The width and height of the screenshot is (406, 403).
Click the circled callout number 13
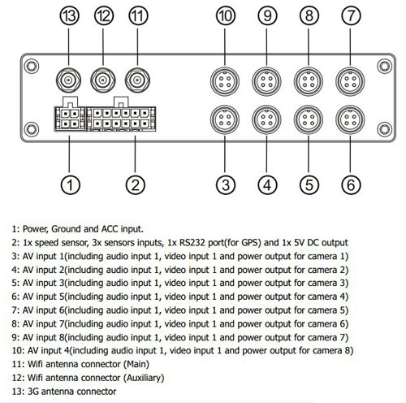pos(69,15)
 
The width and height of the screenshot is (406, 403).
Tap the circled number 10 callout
pos(226,15)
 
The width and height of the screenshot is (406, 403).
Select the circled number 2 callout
pos(136,185)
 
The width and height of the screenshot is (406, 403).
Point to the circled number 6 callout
pos(351,185)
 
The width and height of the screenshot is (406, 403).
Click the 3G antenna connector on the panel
pos(68,80)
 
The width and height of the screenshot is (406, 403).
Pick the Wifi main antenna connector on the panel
pos(137,80)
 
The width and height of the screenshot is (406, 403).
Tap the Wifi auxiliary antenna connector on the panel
pos(103,80)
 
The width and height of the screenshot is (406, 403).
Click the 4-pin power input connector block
pos(70,119)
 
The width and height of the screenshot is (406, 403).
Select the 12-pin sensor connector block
pos(121,119)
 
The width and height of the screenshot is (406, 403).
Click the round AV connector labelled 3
pos(225,119)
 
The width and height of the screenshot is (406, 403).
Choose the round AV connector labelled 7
pos(350,81)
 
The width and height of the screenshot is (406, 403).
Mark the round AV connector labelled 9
pos(266,81)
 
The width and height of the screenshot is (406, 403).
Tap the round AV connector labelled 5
pos(309,119)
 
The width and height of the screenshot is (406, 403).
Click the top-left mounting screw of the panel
pos(32,66)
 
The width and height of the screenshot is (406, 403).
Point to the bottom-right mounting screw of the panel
pos(385,129)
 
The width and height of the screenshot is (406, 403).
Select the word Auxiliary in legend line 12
pos(144,378)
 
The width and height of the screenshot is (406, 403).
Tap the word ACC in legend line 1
pos(110,229)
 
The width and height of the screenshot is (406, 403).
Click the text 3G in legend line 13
pos(33,392)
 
